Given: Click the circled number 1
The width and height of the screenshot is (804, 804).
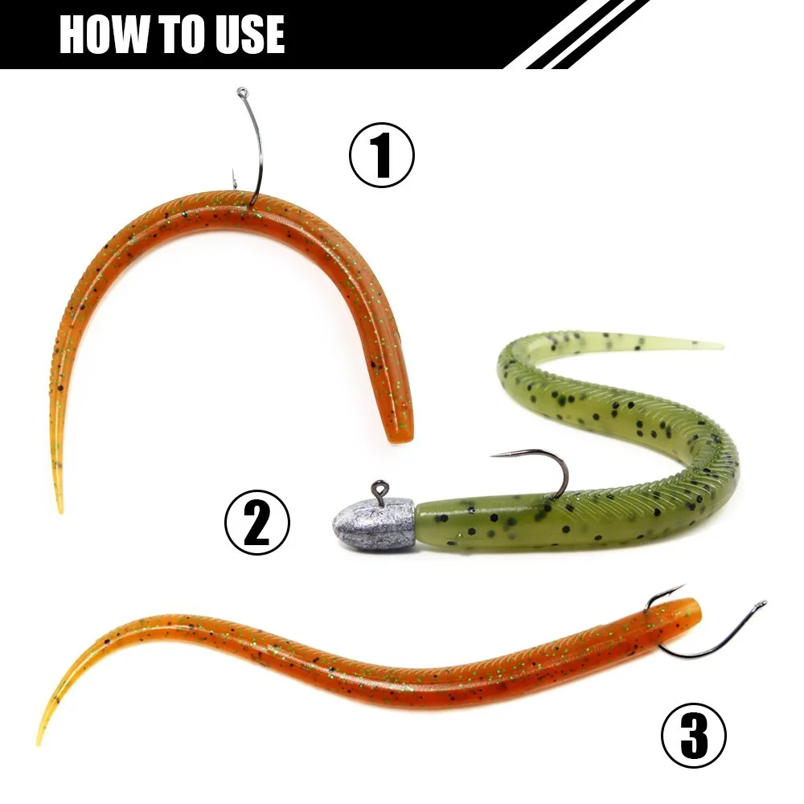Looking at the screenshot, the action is pos(381,155).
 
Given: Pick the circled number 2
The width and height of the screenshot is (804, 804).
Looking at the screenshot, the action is pos(257,522).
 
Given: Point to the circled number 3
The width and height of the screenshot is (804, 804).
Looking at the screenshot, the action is pos(694,736).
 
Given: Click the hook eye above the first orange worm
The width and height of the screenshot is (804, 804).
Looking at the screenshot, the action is pos(242,92).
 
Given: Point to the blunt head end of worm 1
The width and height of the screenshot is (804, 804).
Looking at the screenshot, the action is pos(401,435).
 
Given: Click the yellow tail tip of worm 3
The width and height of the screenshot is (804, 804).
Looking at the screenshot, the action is pos(39,741).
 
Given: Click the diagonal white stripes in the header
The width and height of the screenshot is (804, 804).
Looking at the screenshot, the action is pos(585,34).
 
